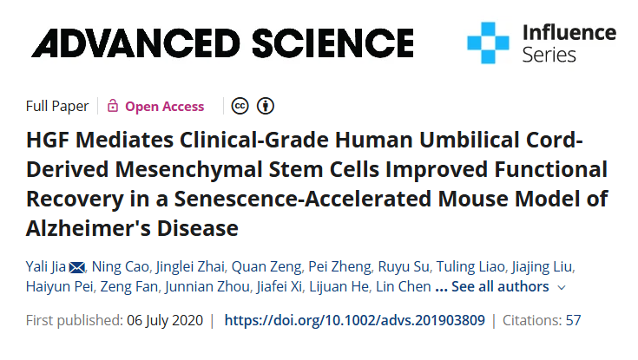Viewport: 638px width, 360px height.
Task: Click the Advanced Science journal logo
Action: pos(222,42)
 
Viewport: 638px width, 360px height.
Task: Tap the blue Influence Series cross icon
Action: pos(488,43)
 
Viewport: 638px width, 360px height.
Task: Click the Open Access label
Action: pos(164,107)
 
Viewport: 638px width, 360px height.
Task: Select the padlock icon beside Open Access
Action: pos(113,107)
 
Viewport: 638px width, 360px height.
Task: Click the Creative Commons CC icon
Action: pos(240,107)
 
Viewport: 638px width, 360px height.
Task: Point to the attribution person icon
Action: pos(266,107)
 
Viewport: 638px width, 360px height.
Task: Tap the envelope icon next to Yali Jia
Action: pos(76,265)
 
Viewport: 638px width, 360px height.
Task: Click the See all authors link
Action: pos(500,286)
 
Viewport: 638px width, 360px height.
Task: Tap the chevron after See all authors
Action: pos(562,287)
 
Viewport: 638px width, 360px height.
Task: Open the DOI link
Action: pos(354,320)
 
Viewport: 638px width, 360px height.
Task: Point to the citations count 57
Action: pos(573,320)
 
